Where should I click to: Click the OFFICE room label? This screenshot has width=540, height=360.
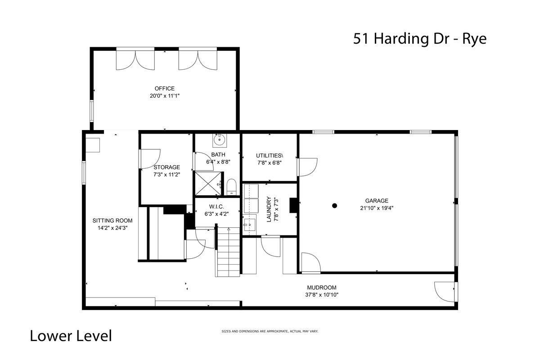pyautogui.click(x=164, y=89)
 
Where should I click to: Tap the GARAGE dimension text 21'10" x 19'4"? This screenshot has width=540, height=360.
pyautogui.click(x=377, y=208)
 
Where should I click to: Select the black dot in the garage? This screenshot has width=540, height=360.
pyautogui.click(x=334, y=206)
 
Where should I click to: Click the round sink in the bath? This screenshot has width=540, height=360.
pyautogui.click(x=220, y=139)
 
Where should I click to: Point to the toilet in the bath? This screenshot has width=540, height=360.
pyautogui.click(x=232, y=187)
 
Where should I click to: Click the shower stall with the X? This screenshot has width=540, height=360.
pyautogui.click(x=208, y=183)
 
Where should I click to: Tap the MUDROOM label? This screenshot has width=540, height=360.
pyautogui.click(x=322, y=288)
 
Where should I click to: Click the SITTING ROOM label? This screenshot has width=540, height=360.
pyautogui.click(x=112, y=220)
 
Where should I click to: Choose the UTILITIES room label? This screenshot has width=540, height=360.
pyautogui.click(x=270, y=156)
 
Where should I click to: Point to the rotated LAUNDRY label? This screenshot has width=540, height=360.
pyautogui.click(x=269, y=209)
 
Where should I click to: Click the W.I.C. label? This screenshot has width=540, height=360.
pyautogui.click(x=216, y=207)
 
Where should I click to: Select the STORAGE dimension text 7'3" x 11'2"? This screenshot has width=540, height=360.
pyautogui.click(x=167, y=175)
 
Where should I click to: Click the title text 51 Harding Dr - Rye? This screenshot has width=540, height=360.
pyautogui.click(x=420, y=39)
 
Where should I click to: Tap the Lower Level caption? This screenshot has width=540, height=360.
pyautogui.click(x=71, y=336)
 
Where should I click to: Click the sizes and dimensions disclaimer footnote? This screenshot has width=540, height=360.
pyautogui.click(x=270, y=331)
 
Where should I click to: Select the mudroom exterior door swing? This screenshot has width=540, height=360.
pyautogui.click(x=444, y=292)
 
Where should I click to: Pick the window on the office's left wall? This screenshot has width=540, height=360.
pyautogui.click(x=92, y=110)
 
